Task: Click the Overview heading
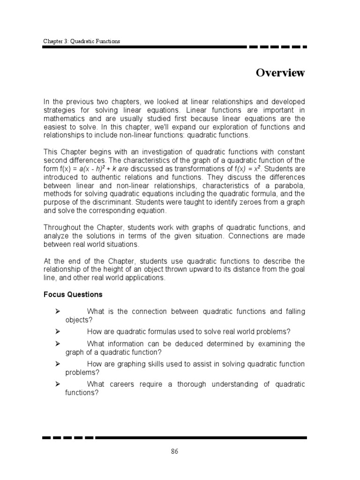[280, 73]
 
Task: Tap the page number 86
[174, 451]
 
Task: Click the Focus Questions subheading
[73, 295]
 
